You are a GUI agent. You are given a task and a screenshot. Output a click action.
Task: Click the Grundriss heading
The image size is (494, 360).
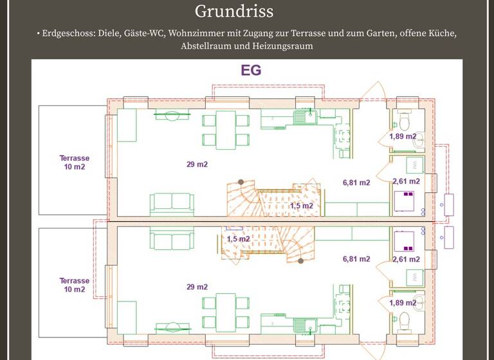click(x=234, y=11)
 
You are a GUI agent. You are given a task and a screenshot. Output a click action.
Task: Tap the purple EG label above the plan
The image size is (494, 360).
click(x=251, y=70)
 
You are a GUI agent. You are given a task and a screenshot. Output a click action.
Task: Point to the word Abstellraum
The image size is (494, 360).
click(x=209, y=46)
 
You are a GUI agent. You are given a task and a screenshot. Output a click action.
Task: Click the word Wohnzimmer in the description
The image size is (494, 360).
click(x=197, y=32)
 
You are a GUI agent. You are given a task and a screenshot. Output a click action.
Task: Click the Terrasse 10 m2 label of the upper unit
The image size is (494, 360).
click(x=74, y=163)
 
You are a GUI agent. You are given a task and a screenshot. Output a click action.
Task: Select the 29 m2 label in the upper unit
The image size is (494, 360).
click(x=197, y=165)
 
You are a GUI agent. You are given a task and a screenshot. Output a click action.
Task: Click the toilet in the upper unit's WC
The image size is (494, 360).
click(x=405, y=120)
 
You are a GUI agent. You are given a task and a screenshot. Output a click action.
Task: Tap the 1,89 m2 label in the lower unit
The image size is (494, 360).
click(x=403, y=302)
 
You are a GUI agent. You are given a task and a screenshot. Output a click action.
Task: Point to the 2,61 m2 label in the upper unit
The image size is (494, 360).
click(x=406, y=181)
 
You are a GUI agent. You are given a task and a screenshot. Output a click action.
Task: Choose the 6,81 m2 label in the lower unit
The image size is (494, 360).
click(x=356, y=259)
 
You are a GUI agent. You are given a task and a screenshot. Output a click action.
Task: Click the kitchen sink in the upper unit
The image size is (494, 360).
click(x=302, y=117)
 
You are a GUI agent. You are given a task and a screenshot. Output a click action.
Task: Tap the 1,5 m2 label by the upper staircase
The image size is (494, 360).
click(x=301, y=206)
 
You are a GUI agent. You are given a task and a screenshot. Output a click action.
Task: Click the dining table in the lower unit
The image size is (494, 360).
click(x=225, y=312)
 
